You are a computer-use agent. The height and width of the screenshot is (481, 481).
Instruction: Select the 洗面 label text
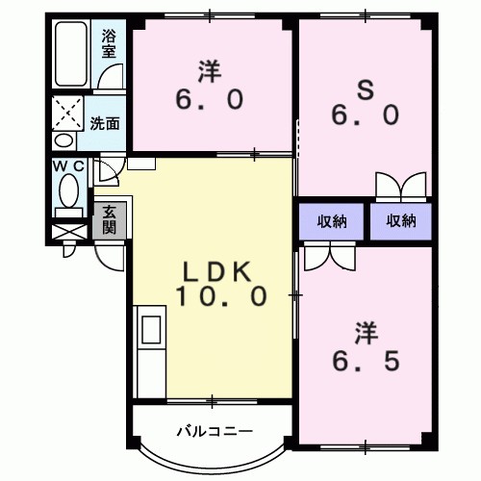click(x=105, y=123)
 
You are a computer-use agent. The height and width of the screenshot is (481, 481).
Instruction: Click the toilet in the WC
click(x=68, y=197)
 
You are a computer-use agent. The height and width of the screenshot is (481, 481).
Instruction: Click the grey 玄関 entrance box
click(x=110, y=220)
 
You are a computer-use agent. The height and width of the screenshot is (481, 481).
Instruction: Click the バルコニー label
click(x=214, y=430)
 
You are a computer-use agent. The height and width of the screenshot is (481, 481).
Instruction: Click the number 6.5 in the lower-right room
click(x=364, y=363)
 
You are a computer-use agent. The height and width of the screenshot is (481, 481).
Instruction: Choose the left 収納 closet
click(x=332, y=220)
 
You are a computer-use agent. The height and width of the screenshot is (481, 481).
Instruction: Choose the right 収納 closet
click(x=401, y=220)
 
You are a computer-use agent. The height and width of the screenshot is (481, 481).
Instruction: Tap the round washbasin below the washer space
click(x=63, y=140)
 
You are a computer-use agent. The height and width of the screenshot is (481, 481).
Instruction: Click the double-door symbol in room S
click(x=400, y=187)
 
